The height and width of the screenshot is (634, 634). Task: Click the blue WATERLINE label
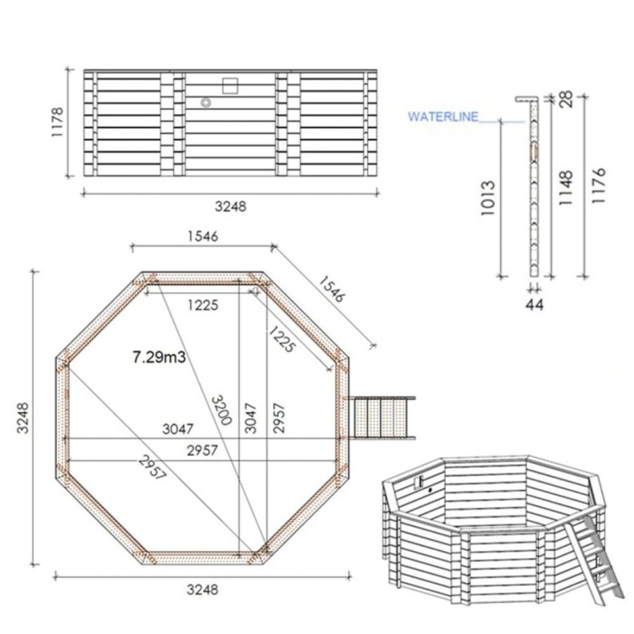443,117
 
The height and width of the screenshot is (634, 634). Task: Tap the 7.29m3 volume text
159,357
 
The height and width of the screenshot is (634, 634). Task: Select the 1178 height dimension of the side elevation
57,124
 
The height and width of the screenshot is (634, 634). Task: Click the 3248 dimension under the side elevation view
231,206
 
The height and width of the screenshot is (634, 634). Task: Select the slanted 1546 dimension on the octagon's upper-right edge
331,288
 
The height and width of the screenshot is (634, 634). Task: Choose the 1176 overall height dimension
600,187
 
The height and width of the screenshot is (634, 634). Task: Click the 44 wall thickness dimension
534,303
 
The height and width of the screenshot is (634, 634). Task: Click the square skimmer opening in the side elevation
230,85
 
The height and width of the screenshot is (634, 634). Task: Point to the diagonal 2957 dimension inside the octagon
152,466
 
